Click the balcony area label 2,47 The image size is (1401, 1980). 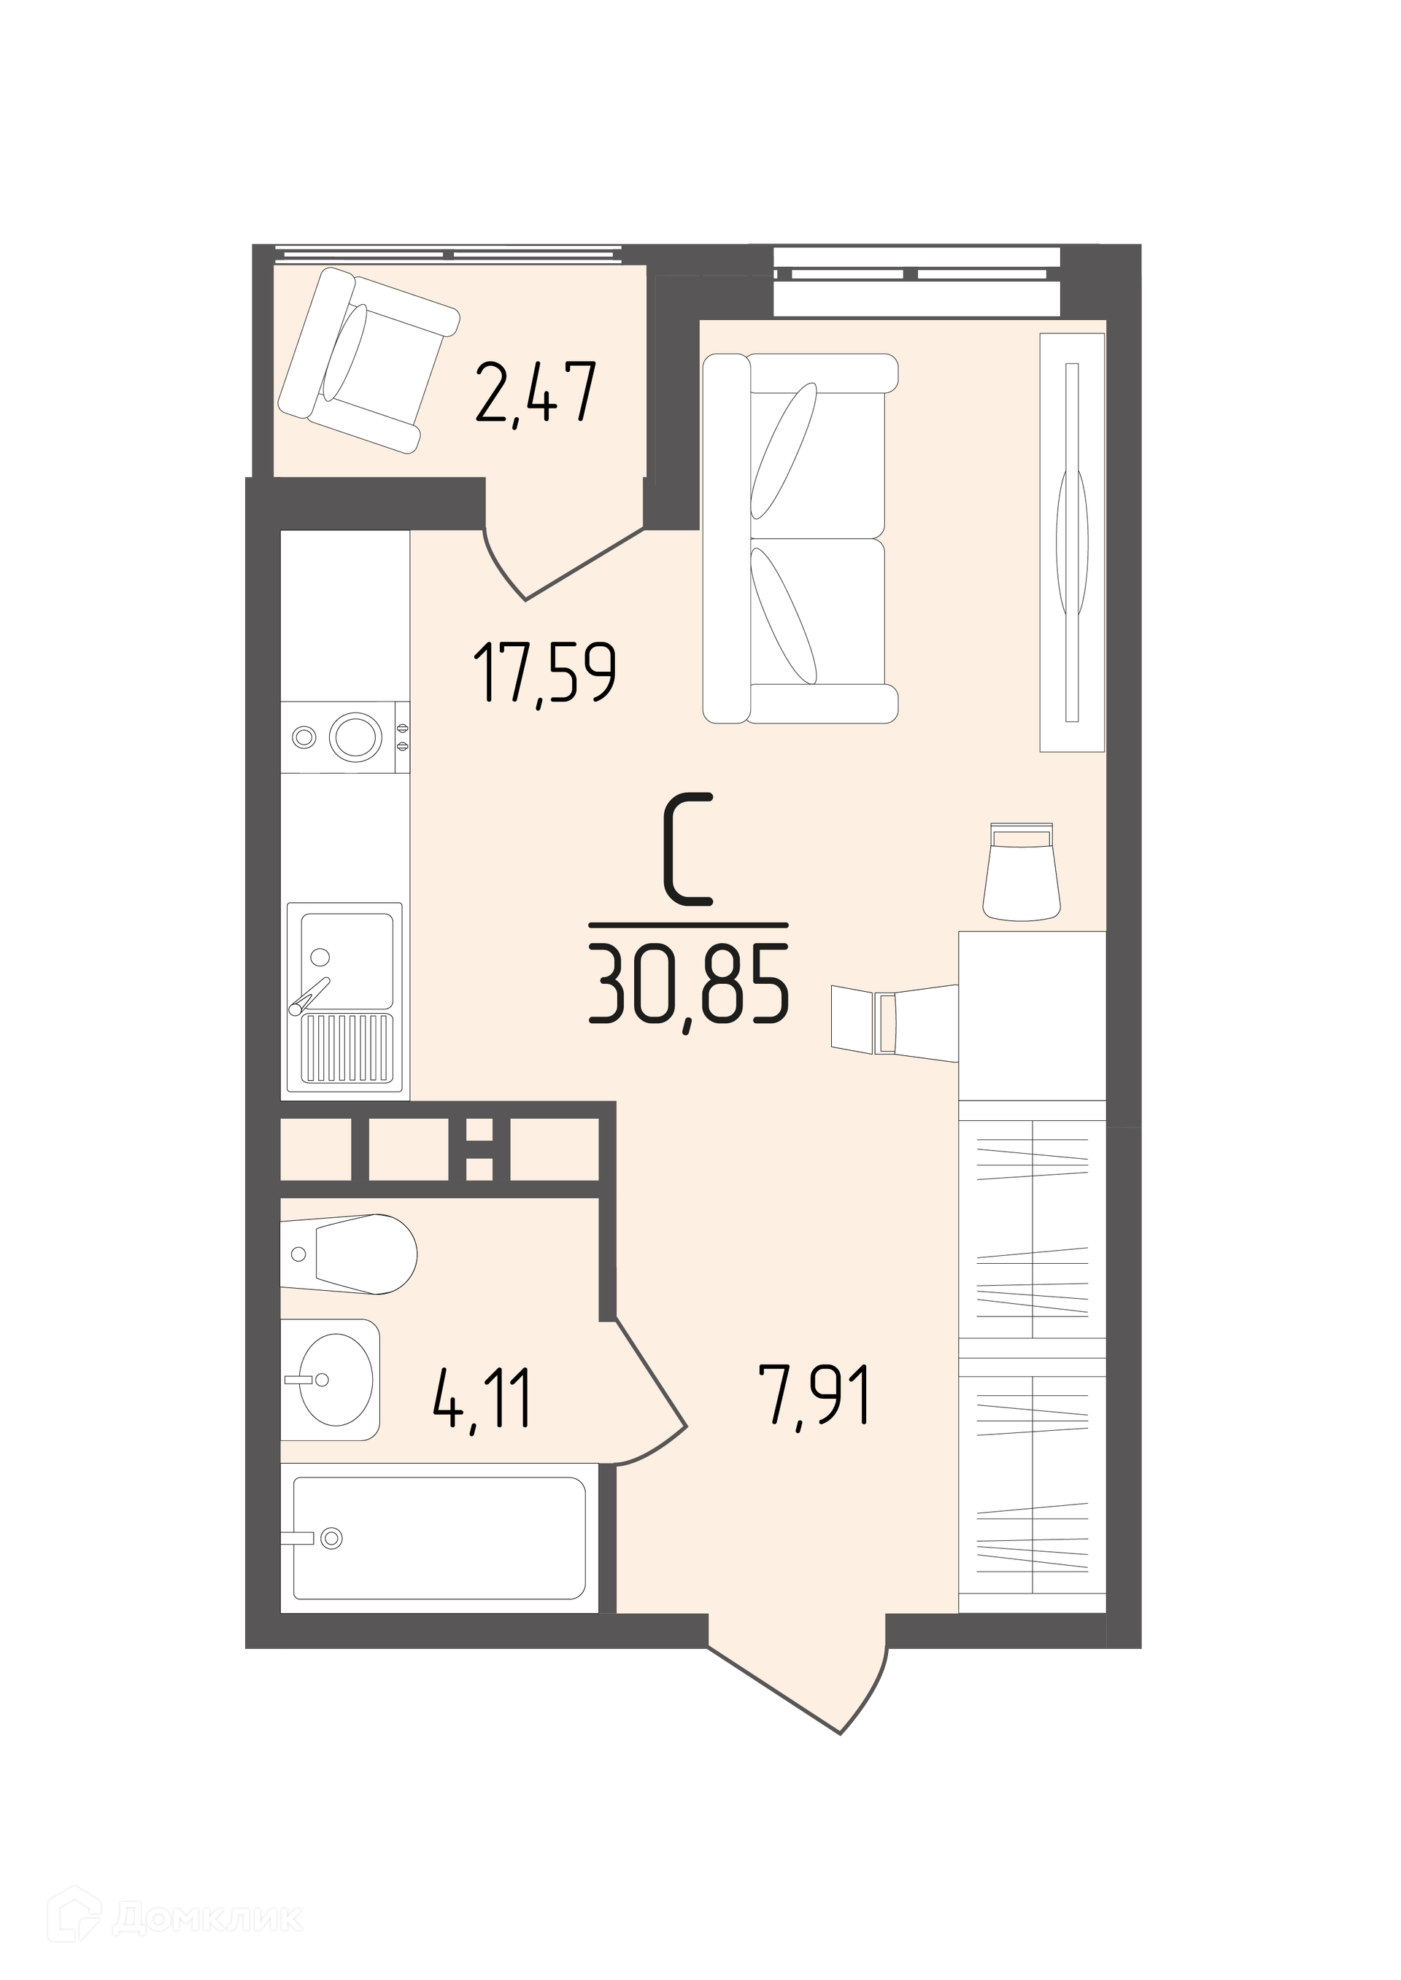pyautogui.click(x=536, y=393)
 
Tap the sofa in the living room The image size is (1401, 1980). pyautogui.click(x=800, y=538)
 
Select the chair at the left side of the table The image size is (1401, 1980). pyautogui.click(x=895, y=1022)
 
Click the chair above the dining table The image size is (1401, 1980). pyautogui.click(x=1022, y=871)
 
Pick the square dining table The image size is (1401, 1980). pyautogui.click(x=1033, y=1016)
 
